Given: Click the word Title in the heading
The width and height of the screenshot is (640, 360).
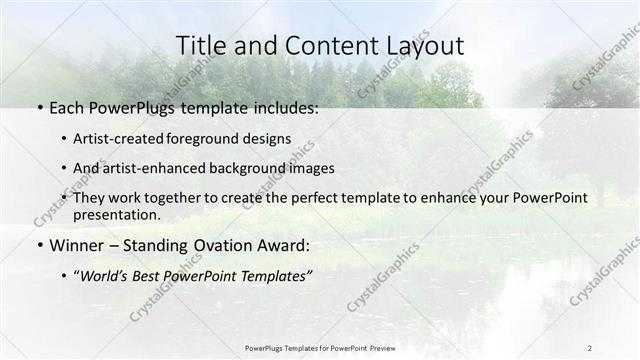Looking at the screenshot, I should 200,46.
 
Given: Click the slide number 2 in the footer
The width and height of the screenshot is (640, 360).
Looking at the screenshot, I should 590,347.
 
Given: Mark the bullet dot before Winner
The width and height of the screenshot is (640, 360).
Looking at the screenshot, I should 38,246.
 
